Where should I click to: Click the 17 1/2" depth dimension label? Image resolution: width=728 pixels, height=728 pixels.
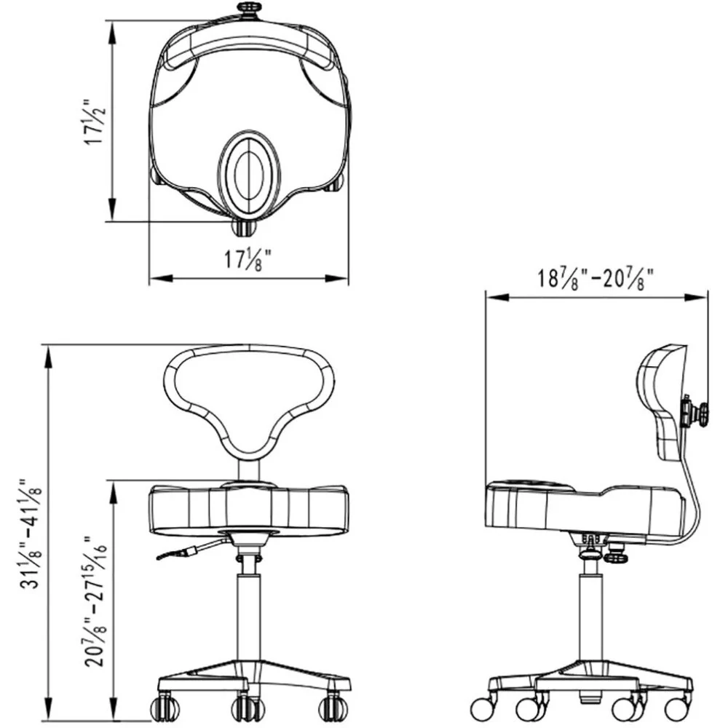95,122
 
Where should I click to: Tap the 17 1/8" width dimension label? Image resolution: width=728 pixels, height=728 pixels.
248,260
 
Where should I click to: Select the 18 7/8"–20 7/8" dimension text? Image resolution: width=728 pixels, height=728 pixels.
596,279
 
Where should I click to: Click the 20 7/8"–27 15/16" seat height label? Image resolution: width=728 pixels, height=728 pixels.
95,602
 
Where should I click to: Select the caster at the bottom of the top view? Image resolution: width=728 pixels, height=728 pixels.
243,227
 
